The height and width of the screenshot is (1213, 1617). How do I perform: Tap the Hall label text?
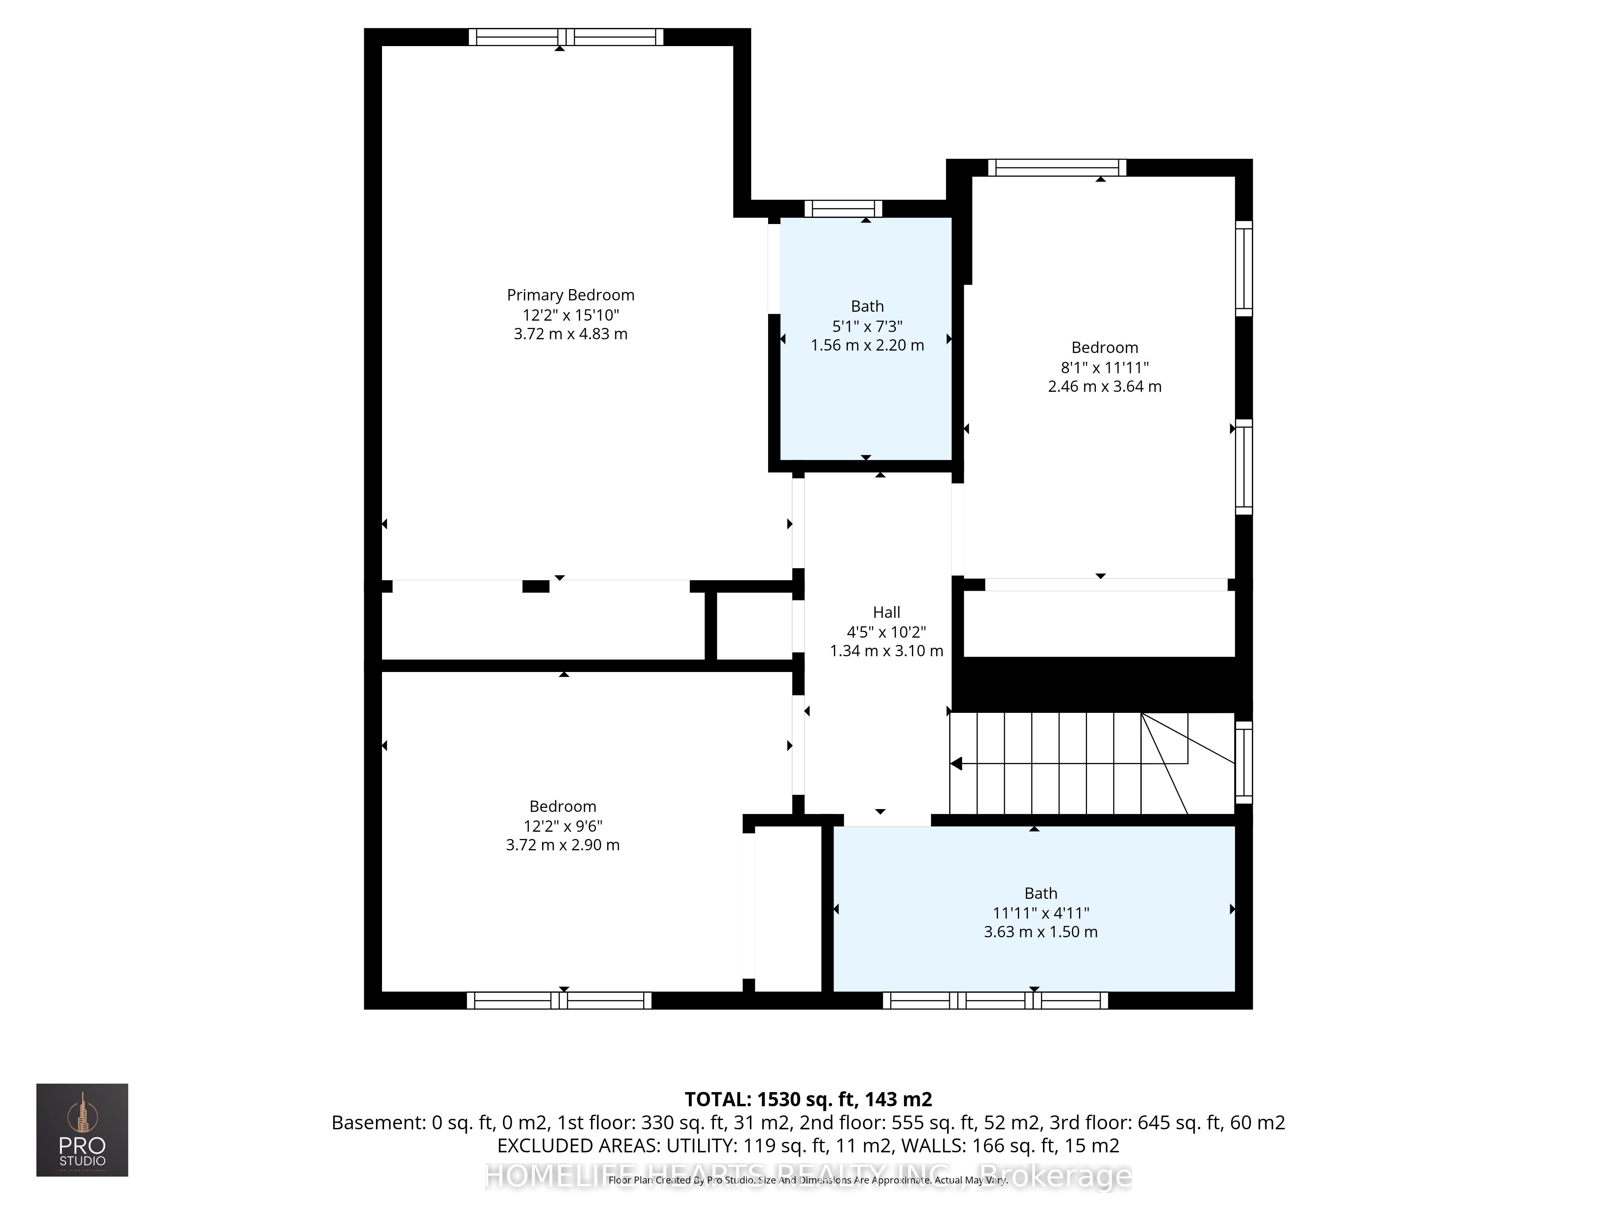click(x=886, y=612)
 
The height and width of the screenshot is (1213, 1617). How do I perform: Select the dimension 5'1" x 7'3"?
click(x=867, y=326)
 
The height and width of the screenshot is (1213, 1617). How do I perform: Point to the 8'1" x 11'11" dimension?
click(x=1104, y=367)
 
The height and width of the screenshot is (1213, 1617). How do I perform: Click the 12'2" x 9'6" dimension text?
click(x=562, y=826)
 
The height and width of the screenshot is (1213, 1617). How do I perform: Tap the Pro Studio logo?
click(x=82, y=1130)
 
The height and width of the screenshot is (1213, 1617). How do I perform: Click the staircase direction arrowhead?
click(x=956, y=764)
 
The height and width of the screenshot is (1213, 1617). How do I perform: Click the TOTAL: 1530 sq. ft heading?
click(x=808, y=1099)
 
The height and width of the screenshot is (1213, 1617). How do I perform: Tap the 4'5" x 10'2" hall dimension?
click(x=886, y=632)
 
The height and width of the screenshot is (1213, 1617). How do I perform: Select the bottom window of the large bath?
click(x=995, y=1000)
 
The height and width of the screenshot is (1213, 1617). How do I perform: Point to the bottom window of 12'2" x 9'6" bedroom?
click(x=559, y=1000)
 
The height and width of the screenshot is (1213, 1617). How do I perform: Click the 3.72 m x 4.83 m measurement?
click(x=570, y=334)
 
